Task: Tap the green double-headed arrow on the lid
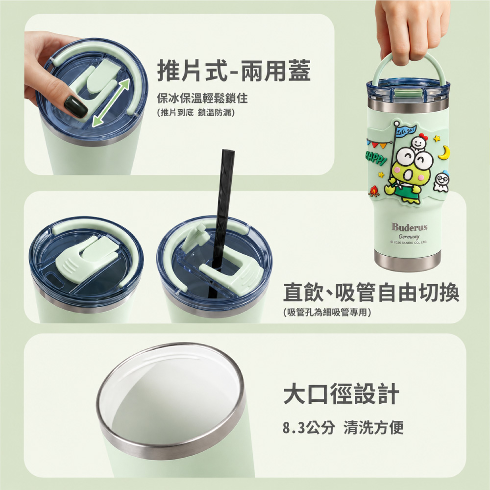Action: point(111,103)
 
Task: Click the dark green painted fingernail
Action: point(75,106)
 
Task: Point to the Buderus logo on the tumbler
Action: point(409,226)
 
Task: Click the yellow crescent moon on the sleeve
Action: point(444,152)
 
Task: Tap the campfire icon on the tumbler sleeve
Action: point(373,191)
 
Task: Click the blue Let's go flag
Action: point(406,130)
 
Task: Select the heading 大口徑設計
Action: point(341,394)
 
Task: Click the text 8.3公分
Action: point(309,427)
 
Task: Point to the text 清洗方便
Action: point(373,427)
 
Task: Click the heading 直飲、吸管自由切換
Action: point(371,293)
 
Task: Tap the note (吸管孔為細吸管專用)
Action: point(327,312)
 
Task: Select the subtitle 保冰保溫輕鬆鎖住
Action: point(202,98)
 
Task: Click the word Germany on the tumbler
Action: point(409,236)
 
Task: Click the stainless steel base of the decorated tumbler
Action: point(408,262)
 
